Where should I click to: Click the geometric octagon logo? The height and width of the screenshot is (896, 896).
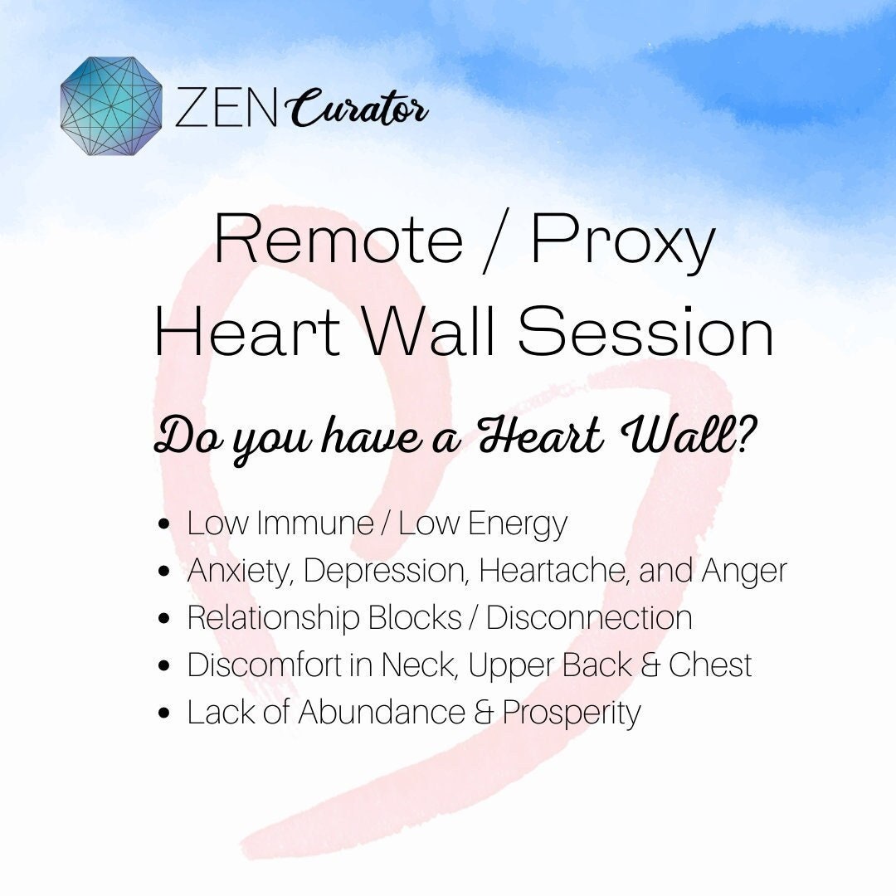click(111, 107)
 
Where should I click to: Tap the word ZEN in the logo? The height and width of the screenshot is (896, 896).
click(224, 109)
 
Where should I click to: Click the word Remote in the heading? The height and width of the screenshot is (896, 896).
click(338, 241)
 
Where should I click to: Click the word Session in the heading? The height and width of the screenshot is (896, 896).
click(645, 332)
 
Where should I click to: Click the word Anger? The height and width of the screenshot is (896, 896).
click(744, 572)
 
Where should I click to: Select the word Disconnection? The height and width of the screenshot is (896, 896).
click(589, 618)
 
